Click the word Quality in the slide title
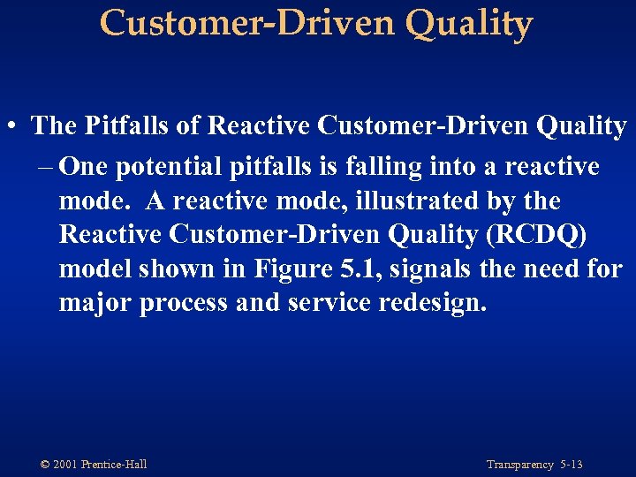coord(470,23)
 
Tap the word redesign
coord(432,303)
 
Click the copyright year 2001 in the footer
coord(65,465)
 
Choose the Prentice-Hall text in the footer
coord(114,465)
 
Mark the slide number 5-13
coord(571,465)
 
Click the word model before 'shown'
coord(94,269)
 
